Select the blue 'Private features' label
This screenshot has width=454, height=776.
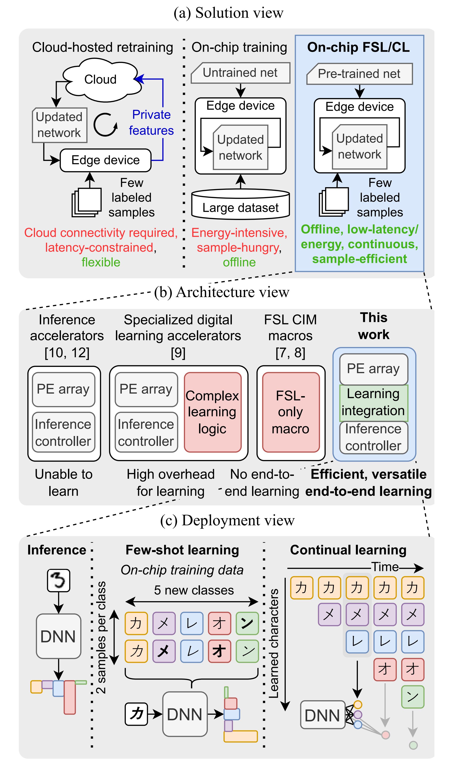(x=151, y=123)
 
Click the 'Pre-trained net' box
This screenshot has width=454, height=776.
(x=359, y=74)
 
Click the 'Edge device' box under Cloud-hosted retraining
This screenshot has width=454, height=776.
(x=106, y=160)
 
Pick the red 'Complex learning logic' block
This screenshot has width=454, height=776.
(x=212, y=412)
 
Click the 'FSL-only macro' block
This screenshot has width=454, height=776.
(x=290, y=412)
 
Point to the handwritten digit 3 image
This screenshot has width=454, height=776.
(x=59, y=580)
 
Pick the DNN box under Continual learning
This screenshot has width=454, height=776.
(x=322, y=715)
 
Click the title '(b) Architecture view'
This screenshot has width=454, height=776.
(x=222, y=292)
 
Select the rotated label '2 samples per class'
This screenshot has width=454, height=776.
(x=101, y=637)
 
